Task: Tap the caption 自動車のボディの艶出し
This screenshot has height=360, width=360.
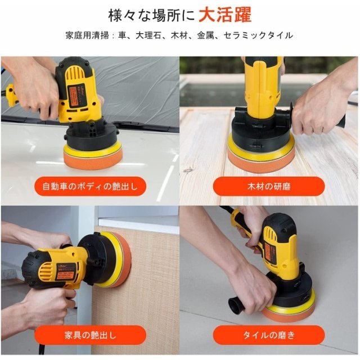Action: (90, 186)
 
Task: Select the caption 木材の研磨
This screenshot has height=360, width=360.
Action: (269, 186)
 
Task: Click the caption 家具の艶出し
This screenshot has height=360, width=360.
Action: (90, 335)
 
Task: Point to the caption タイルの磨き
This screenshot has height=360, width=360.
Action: (269, 335)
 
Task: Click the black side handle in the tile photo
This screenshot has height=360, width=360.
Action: (239, 306)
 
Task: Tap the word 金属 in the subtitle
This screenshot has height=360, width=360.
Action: (204, 35)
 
